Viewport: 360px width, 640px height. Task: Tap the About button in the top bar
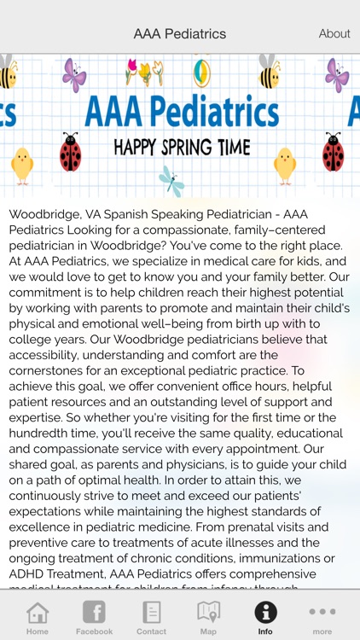point(334,34)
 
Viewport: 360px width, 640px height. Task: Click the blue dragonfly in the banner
point(171,181)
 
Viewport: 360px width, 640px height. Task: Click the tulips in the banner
point(144,72)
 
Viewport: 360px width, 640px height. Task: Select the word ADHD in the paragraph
point(27,573)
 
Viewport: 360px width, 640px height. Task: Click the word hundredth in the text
point(46,433)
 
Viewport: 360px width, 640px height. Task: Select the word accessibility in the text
point(49,356)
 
